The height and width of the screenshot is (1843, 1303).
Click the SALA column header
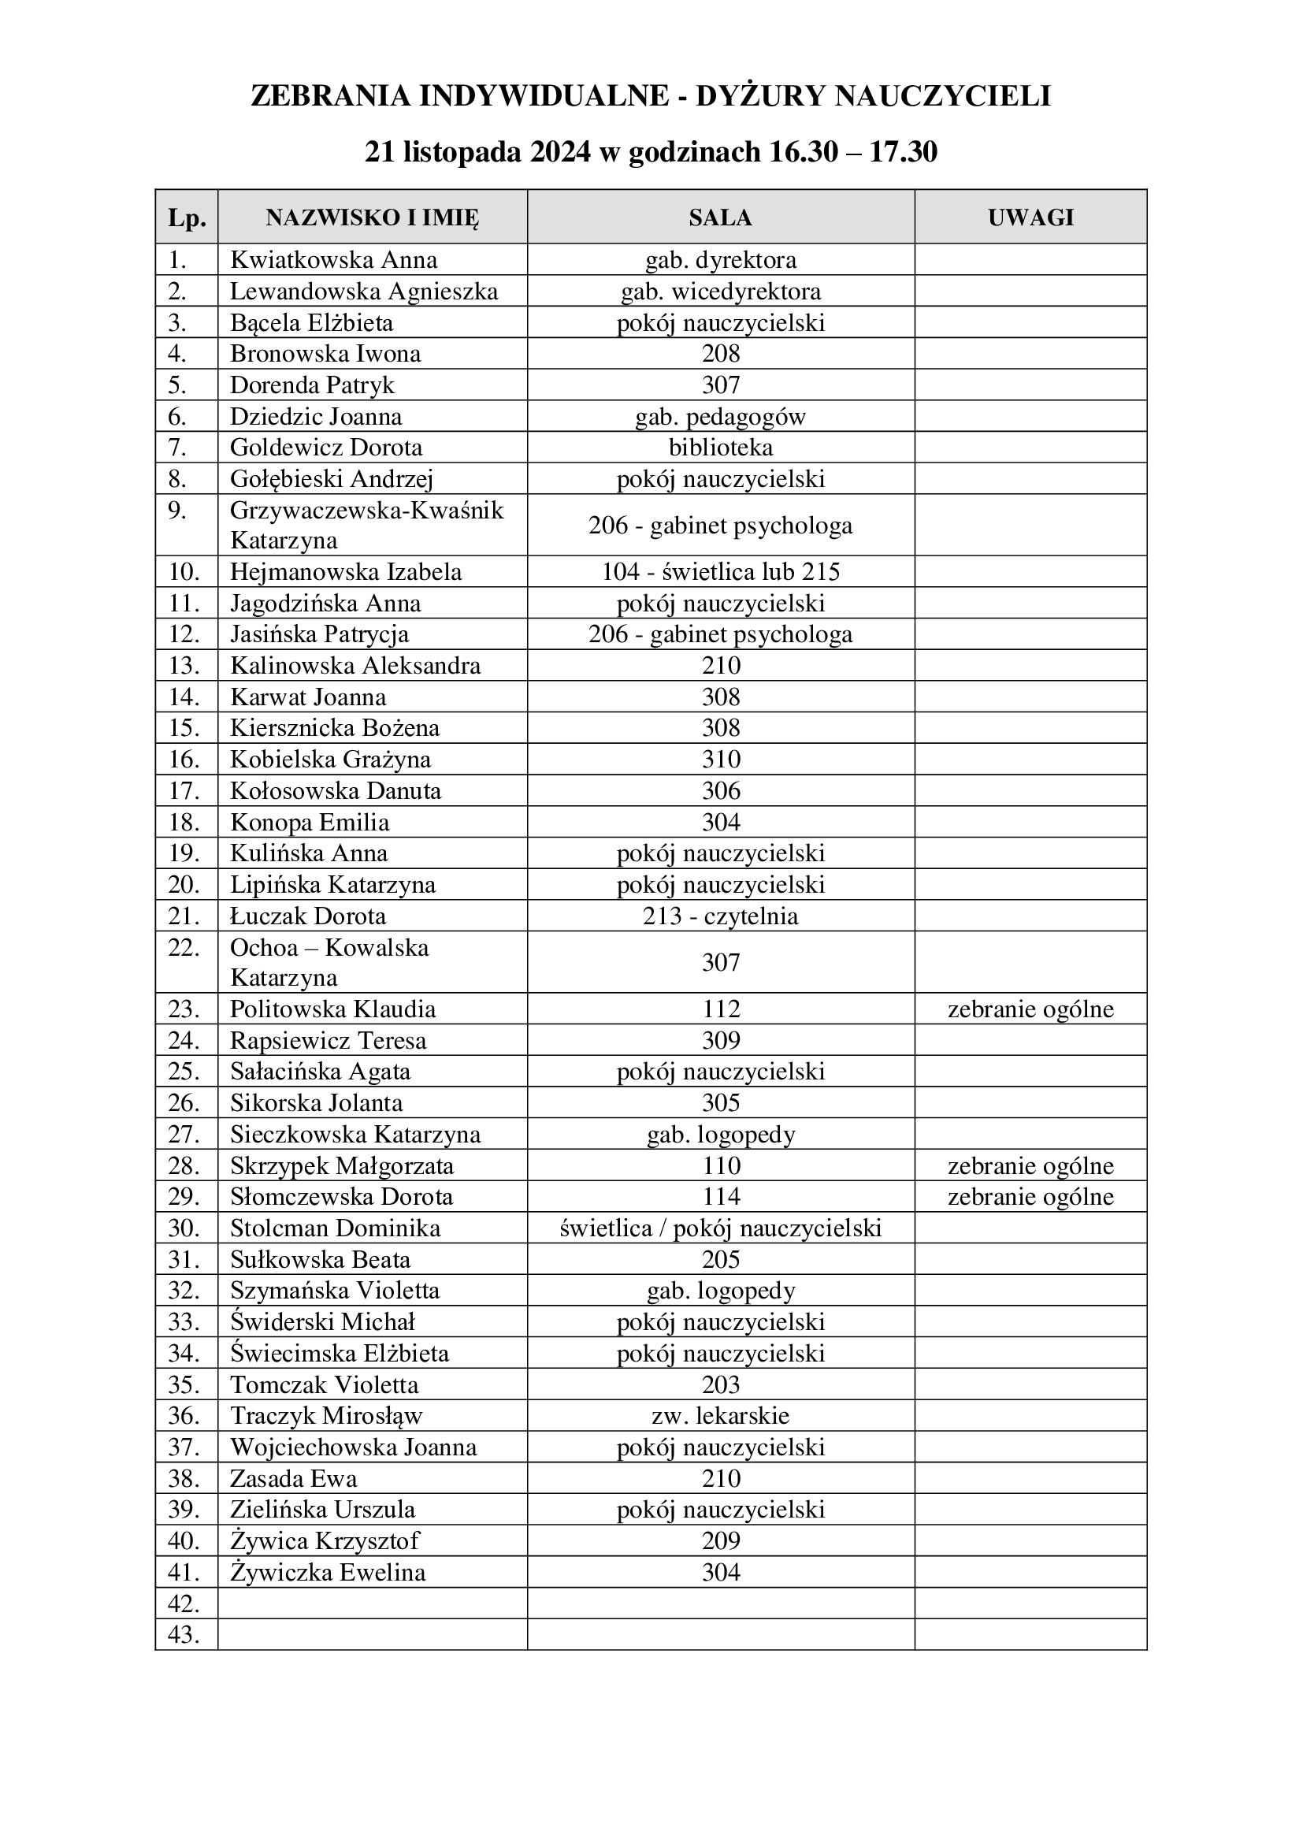[x=720, y=217]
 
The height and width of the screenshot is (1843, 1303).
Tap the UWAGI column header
[x=1030, y=217]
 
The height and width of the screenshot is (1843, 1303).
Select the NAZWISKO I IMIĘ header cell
[x=373, y=217]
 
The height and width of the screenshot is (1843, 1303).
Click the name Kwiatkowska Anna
[x=334, y=260]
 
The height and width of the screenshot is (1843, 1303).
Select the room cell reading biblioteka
[x=721, y=447]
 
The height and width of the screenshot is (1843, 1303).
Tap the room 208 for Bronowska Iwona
[x=721, y=354]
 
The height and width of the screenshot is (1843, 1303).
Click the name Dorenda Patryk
[x=312, y=385]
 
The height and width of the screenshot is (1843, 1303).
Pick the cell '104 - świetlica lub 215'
[x=721, y=571]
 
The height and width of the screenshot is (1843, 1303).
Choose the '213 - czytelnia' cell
[x=721, y=916]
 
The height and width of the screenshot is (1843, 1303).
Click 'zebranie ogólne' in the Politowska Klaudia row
[x=1030, y=1009]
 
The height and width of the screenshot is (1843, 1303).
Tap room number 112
[x=721, y=1009]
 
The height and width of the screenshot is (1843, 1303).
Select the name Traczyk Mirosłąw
[x=326, y=1415]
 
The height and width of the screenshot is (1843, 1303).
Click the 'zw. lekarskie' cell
[x=721, y=1415]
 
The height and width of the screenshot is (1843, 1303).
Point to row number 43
[x=184, y=1634]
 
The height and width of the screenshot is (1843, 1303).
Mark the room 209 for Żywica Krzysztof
[x=721, y=1540]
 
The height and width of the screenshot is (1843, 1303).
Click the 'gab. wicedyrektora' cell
[x=721, y=292]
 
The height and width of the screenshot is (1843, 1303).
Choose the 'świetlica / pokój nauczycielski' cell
[x=721, y=1228]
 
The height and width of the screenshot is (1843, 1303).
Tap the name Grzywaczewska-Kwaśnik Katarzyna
[x=366, y=525]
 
